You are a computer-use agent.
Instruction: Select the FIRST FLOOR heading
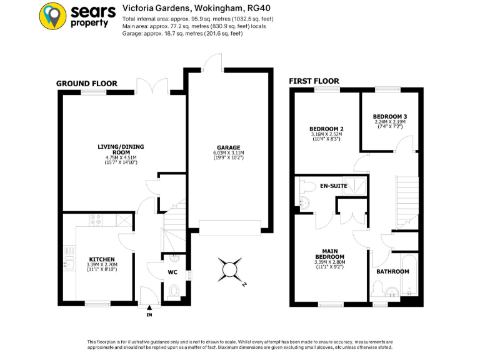314,81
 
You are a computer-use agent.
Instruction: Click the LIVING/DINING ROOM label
121,149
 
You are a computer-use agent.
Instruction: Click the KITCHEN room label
101,259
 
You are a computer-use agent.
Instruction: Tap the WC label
172,272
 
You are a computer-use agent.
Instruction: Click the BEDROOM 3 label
389,117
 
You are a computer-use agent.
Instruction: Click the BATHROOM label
392,271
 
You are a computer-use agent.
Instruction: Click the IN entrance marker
149,314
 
